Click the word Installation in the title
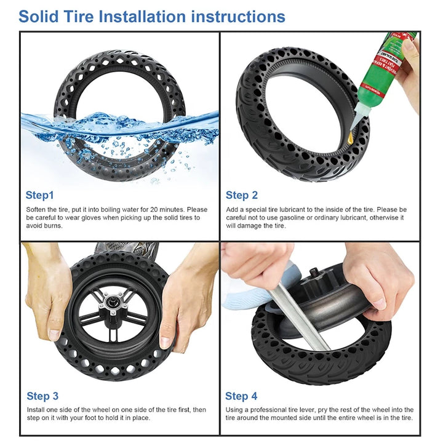coord(142,17)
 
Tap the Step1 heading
coord(39,195)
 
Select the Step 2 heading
coord(242,195)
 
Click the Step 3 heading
coord(42,396)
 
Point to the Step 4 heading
coord(241,396)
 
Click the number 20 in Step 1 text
coord(154,210)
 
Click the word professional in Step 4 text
coord(268,410)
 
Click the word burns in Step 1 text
coord(52,226)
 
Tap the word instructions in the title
coord(238,17)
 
